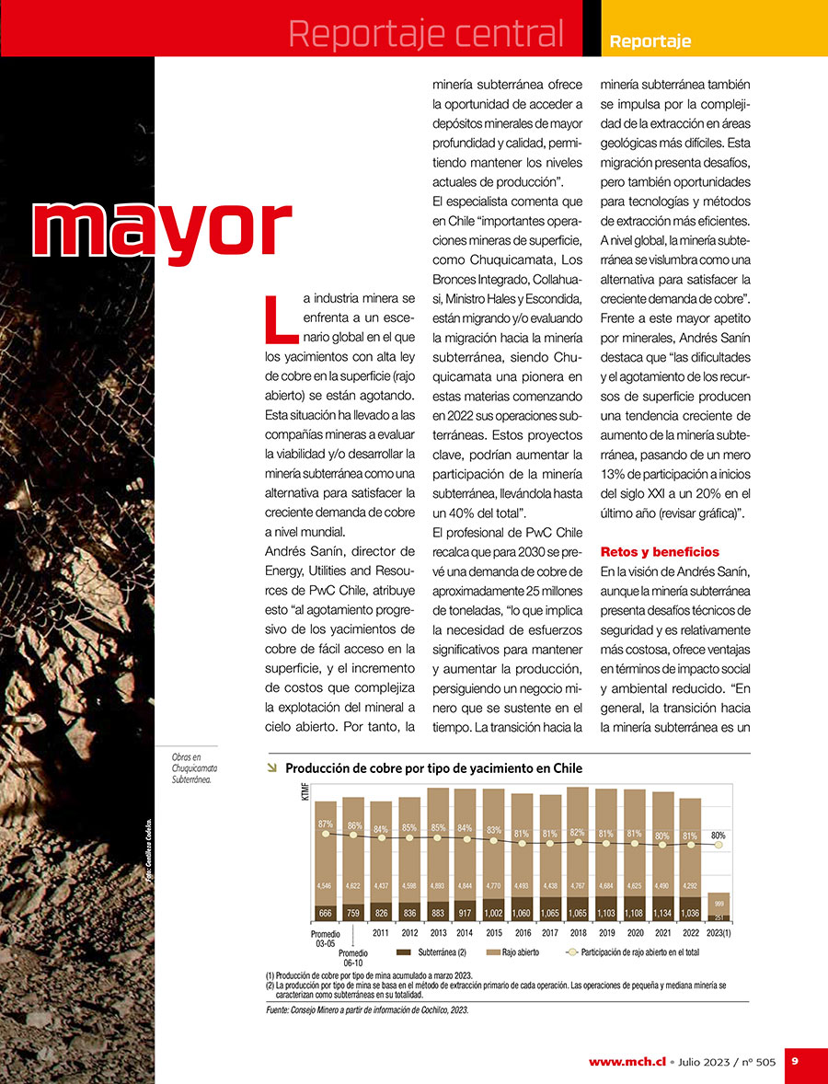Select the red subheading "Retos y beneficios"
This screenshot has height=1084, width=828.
(x=660, y=552)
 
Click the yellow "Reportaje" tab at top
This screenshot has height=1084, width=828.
(x=650, y=41)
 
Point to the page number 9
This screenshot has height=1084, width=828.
(x=796, y=1061)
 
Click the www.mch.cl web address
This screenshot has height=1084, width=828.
(x=627, y=1061)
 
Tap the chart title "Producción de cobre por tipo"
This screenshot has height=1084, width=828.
(x=433, y=768)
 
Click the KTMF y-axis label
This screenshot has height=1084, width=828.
(x=305, y=791)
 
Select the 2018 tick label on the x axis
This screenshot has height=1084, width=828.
(x=578, y=932)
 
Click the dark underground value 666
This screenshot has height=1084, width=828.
(x=325, y=913)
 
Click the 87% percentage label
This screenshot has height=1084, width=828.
(x=325, y=824)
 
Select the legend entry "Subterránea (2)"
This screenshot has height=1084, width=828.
(x=432, y=952)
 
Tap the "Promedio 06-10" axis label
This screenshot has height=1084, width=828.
(x=353, y=958)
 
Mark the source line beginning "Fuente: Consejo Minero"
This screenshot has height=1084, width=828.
(x=366, y=1009)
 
